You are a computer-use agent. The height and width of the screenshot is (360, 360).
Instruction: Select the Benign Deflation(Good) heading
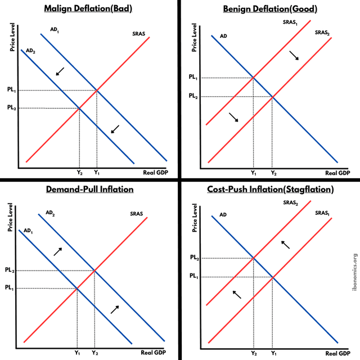coord(269,8)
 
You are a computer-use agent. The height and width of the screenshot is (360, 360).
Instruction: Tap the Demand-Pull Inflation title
coord(89,189)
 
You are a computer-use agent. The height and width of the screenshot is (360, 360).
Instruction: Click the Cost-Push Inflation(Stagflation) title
coord(270,189)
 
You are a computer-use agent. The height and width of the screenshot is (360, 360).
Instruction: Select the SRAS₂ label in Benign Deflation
coord(322,33)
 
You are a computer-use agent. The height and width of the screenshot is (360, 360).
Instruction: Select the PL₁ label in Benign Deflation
coord(193,78)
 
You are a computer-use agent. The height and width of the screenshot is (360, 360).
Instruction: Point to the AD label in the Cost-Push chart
coord(223,215)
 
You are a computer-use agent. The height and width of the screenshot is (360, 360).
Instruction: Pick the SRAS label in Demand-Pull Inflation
coord(137,214)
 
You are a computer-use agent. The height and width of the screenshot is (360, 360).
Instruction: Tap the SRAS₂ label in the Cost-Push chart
coord(290,202)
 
